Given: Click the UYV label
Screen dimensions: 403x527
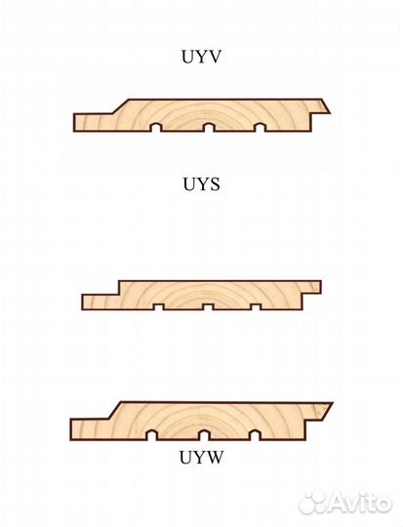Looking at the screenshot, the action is click(201, 57).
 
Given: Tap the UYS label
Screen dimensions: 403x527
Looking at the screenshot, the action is click(201, 184).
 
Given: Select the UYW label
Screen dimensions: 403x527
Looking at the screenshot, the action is click(201, 457).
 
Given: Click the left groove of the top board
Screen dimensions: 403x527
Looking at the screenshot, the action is click(155, 127).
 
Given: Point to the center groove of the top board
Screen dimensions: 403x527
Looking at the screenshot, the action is click(208, 127).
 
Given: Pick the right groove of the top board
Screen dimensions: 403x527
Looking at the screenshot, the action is click(261, 127).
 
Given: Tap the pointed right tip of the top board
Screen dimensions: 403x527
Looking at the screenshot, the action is click(331, 113).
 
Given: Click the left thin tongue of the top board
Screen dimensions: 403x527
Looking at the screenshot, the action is click(94, 122).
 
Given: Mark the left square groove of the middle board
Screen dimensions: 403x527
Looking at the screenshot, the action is click(158, 306).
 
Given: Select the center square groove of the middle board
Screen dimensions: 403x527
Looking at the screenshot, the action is click(208, 306).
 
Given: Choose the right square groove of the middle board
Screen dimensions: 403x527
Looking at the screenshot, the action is click(256, 306).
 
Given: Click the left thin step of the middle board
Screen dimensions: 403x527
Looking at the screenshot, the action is click(101, 303).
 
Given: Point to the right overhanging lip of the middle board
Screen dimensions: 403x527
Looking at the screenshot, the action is click(312, 287).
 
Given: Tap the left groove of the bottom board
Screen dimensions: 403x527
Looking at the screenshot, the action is click(152, 435).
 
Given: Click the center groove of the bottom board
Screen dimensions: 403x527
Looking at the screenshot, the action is click(204, 435).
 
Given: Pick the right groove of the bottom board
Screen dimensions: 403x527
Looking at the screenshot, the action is click(255, 435).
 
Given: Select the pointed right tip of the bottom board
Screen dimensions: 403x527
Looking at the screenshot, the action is click(332, 403).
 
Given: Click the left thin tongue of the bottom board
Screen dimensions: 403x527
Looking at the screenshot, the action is click(90, 429).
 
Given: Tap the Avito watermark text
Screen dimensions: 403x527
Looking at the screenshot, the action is click(359, 504).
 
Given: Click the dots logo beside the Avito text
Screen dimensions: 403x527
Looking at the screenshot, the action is click(311, 504).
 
